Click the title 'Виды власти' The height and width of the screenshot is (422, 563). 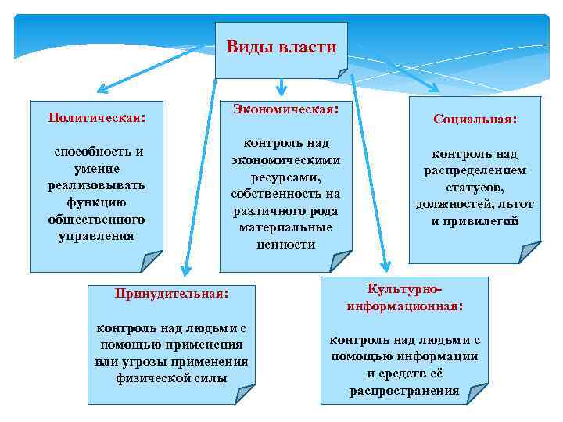[x=281, y=46]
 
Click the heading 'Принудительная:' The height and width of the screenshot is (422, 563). [x=171, y=295]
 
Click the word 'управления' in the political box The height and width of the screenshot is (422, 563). [x=95, y=235]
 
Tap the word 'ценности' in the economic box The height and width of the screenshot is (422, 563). [x=285, y=244]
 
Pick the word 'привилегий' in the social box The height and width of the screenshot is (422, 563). [x=475, y=221]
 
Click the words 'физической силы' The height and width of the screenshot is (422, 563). [x=171, y=378]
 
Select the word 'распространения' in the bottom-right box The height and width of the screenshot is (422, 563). [x=404, y=391]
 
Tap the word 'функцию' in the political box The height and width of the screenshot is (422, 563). [x=95, y=202]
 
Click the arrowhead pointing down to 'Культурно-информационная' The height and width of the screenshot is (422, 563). [x=385, y=268]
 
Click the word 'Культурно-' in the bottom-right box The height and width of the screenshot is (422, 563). [x=404, y=289]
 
